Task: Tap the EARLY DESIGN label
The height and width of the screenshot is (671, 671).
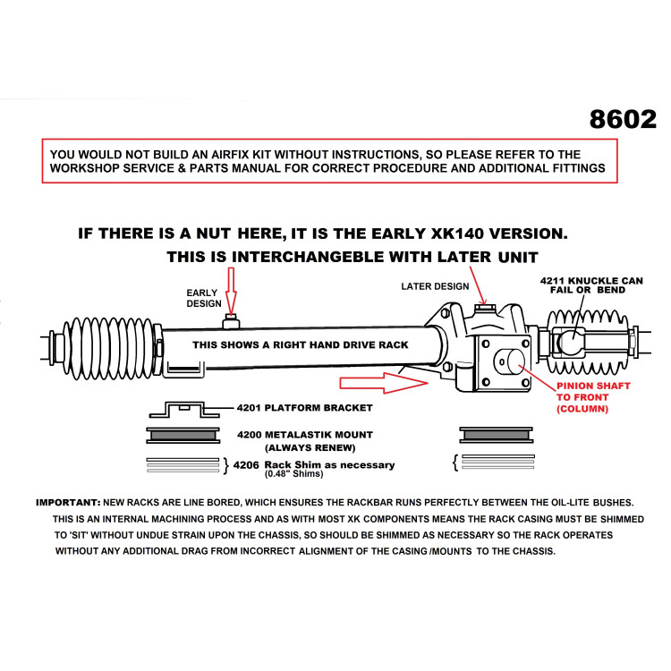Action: click(202, 298)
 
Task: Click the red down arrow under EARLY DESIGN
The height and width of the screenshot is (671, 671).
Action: click(230, 293)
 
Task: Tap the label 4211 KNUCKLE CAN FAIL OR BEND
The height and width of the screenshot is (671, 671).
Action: click(591, 285)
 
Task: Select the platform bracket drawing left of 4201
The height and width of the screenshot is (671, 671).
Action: click(182, 410)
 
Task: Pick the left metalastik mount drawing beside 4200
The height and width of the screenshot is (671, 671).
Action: click(182, 436)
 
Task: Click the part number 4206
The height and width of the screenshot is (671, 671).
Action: click(247, 464)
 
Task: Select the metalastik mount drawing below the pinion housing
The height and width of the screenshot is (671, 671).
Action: click(497, 436)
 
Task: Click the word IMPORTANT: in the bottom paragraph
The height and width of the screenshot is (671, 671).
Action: click(68, 502)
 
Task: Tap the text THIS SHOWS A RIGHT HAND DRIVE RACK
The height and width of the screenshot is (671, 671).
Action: click(301, 344)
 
